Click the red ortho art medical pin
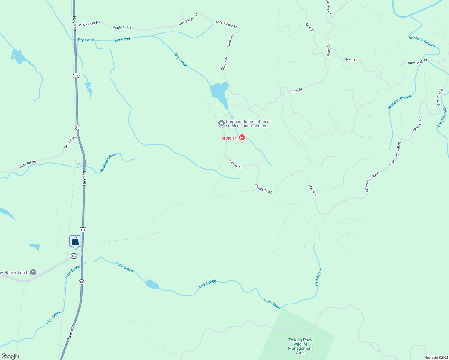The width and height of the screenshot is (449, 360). [x=242, y=138]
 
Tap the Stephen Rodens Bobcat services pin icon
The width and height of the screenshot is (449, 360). [x=221, y=123]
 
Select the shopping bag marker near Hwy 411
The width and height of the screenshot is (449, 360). [x=75, y=241]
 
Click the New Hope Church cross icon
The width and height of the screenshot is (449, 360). [x=33, y=272]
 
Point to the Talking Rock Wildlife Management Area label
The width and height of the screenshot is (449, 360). [x=300, y=346]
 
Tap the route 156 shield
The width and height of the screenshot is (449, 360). [x=74, y=256]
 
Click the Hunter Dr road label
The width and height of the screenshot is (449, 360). [x=312, y=191]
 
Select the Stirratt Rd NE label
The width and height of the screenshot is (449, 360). [x=264, y=189]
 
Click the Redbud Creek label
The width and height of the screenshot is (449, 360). [x=108, y=162]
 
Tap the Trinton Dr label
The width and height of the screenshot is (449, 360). [x=350, y=60]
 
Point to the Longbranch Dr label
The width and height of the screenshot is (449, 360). [x=417, y=62]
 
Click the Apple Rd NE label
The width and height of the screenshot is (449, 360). [x=122, y=28]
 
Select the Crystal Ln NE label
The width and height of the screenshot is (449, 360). [x=417, y=125]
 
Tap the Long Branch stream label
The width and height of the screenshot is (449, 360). [x=442, y=117]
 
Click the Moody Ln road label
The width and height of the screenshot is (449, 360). [x=329, y=48]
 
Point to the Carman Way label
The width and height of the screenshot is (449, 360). [x=440, y=97]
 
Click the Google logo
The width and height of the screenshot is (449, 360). [x=10, y=356]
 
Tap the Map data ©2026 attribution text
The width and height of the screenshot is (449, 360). [x=436, y=358]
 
